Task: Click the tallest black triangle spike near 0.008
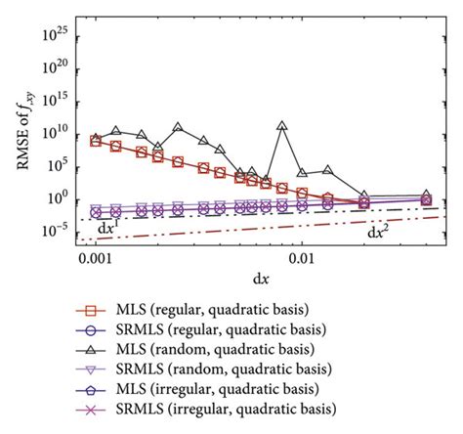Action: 282,126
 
